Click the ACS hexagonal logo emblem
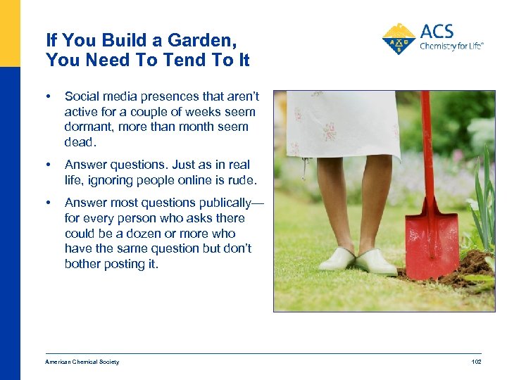tap(399, 39)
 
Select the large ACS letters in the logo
tap(437, 32)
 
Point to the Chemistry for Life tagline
tap(451, 46)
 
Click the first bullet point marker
tap(48, 96)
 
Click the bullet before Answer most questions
tap(48, 203)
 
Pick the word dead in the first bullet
tap(78, 142)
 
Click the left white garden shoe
tap(337, 259)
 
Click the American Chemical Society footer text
tap(82, 362)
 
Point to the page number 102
tap(476, 362)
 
